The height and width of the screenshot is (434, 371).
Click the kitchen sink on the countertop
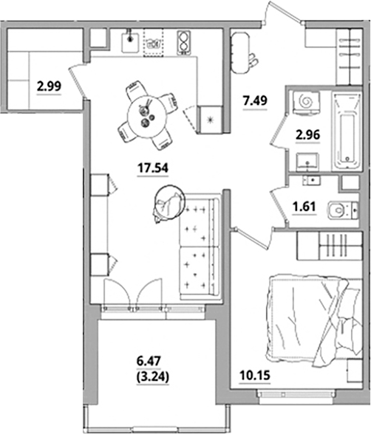coord(131,40)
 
